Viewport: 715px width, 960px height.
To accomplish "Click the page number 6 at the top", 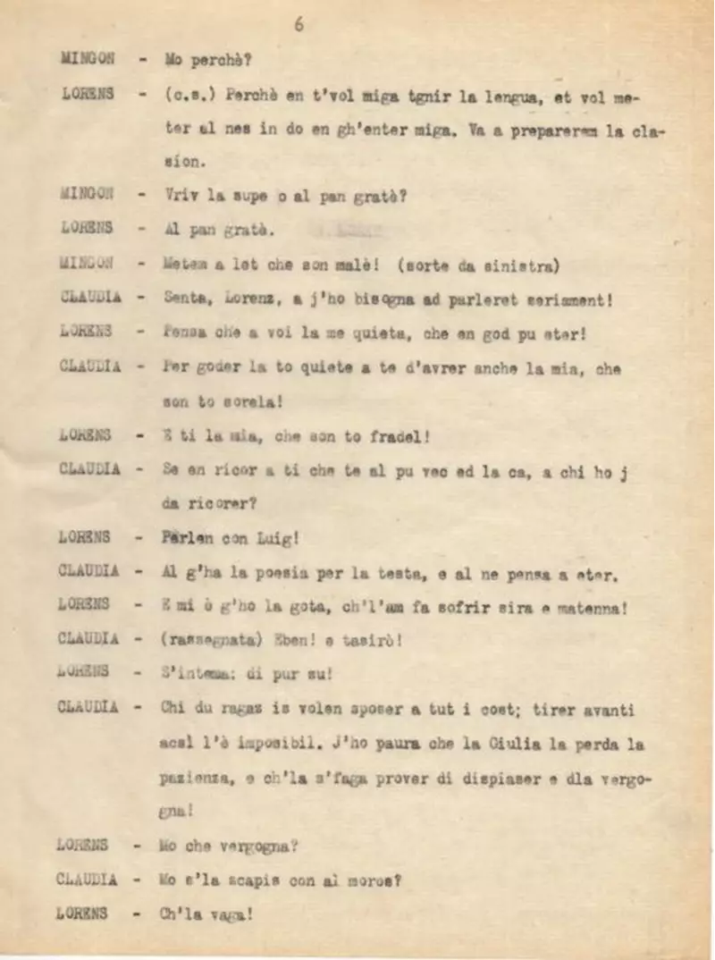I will click(299, 25).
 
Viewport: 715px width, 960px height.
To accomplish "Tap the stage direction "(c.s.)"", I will click(190, 96).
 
